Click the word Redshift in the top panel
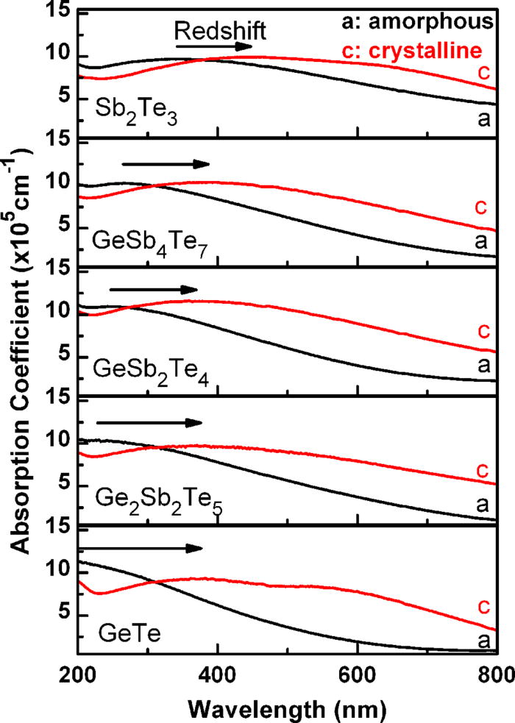click(219, 30)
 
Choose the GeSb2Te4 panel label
click(144, 364)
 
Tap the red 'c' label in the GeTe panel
click(483, 605)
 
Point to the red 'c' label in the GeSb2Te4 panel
click(483, 329)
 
